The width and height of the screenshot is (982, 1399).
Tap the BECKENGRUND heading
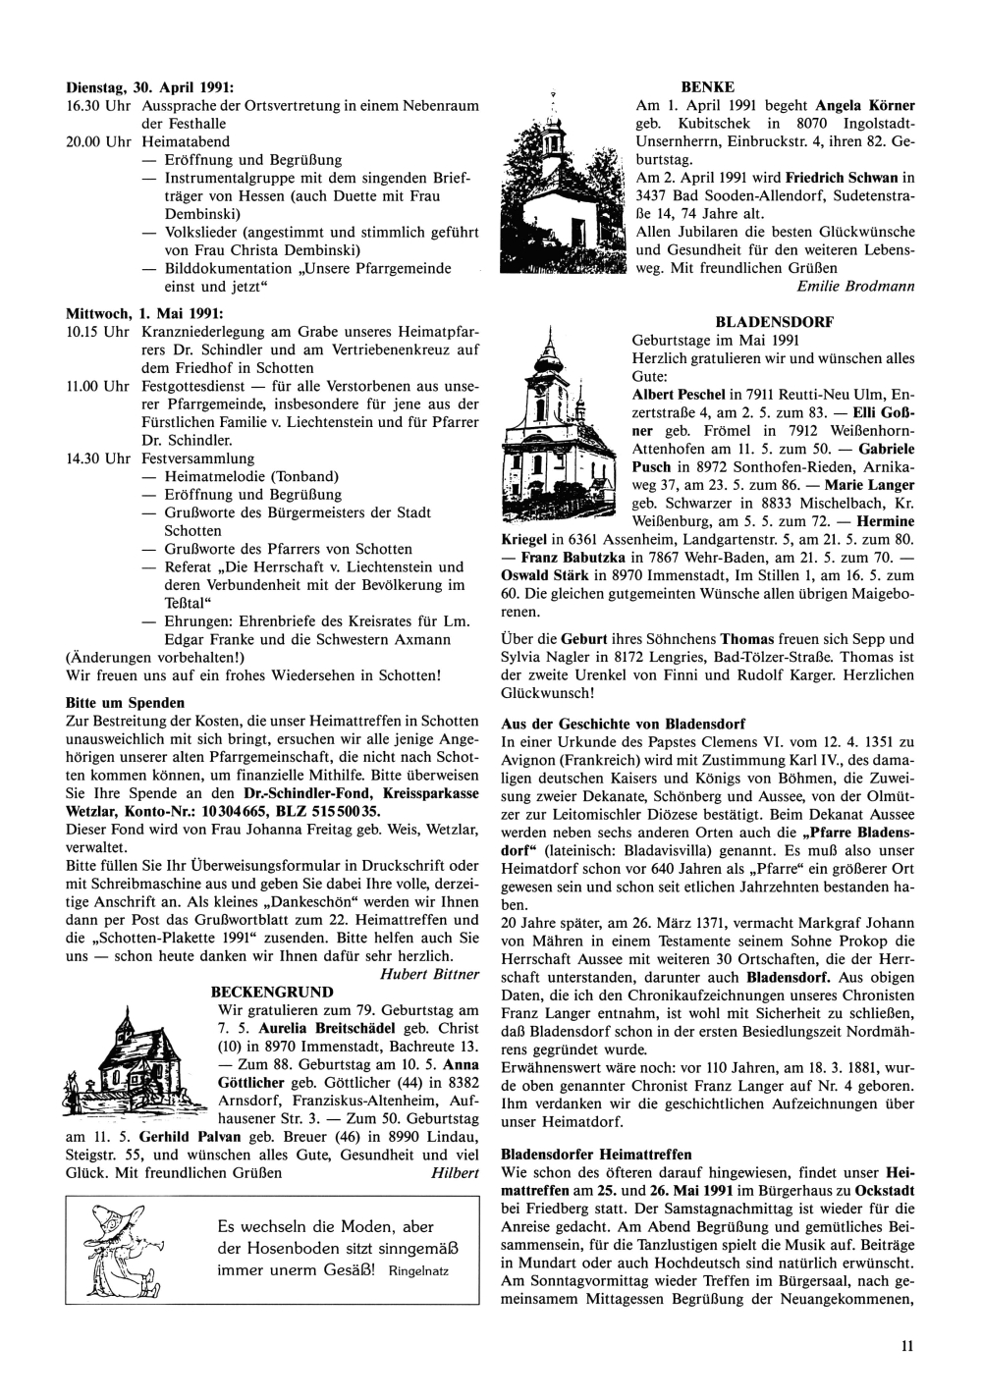point(272,993)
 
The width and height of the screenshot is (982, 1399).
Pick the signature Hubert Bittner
point(429,974)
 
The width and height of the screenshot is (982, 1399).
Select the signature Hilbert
point(454,1172)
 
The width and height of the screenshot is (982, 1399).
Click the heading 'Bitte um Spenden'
point(125,703)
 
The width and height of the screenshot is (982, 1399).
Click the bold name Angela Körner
point(865,105)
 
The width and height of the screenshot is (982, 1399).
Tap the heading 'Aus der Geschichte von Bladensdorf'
point(623,723)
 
